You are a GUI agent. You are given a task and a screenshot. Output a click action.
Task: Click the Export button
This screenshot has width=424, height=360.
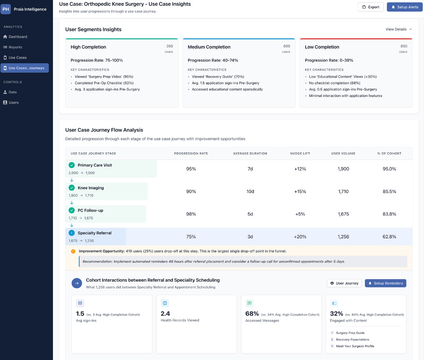coord(371,7)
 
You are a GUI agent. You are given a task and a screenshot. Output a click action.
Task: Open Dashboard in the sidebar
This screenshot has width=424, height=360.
coord(18,37)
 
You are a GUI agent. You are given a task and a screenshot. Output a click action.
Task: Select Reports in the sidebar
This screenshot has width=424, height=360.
coord(15,47)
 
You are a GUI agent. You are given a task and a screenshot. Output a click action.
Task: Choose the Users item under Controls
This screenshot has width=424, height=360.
coord(13,102)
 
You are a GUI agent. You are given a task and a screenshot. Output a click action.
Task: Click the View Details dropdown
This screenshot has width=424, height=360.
coord(399,29)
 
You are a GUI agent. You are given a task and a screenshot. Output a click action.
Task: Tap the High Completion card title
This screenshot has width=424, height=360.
coord(88,47)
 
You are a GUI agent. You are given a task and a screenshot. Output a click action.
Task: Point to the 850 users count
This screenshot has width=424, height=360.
coord(404,46)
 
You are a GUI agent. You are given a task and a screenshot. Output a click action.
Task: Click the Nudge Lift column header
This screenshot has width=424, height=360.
coord(300,153)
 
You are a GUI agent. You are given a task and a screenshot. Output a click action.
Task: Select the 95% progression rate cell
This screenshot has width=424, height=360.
coord(191,169)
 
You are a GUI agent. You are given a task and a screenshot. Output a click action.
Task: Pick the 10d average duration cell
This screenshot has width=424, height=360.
coord(250,191)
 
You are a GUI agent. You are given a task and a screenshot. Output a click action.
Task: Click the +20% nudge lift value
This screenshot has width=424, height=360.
coord(300,237)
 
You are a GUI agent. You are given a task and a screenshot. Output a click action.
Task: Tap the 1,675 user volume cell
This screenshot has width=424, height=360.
coord(343,214)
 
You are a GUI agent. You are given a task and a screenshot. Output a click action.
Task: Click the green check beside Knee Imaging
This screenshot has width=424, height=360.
coord(72,188)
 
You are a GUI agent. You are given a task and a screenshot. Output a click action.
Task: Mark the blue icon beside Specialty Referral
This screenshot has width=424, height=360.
coord(72,233)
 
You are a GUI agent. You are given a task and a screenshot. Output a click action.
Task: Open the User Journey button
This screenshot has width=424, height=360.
coord(344,283)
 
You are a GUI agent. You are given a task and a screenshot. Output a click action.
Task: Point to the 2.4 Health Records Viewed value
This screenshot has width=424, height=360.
coord(165,313)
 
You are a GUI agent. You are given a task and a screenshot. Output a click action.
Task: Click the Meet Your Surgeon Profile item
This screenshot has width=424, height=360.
coord(355,346)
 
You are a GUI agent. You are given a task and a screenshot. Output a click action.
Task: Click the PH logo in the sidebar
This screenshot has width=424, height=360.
coord(6,9)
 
